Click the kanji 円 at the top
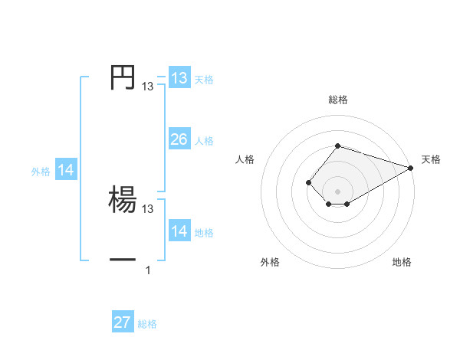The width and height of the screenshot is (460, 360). pos(122,77)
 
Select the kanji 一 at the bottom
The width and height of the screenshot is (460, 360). pos(123,260)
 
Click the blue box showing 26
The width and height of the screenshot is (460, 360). pos(179,139)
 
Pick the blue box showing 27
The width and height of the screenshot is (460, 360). pos(122,322)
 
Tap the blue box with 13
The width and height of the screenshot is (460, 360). pos(179,78)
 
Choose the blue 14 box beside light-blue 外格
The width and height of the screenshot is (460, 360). pos(66,171)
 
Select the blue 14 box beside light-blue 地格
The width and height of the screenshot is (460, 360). pos(179,231)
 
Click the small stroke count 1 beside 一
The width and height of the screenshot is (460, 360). pos(148,270)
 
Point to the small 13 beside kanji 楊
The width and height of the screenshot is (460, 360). pos(148,208)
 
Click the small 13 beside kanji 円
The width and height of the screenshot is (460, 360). pos(148,87)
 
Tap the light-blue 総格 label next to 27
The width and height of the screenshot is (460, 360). pos(147,324)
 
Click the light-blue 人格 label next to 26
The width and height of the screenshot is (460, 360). pos(204,141)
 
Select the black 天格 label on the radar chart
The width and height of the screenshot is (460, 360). pos(431,159)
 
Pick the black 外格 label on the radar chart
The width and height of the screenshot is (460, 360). pos(270,262)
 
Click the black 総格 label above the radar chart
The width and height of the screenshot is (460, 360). pos(337,100)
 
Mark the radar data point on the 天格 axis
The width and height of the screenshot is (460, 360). pos(411,168)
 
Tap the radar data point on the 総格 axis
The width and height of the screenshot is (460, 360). pos(337,146)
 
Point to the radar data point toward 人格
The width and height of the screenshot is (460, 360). pos(308,182)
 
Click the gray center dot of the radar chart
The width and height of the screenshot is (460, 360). pos(337,191)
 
